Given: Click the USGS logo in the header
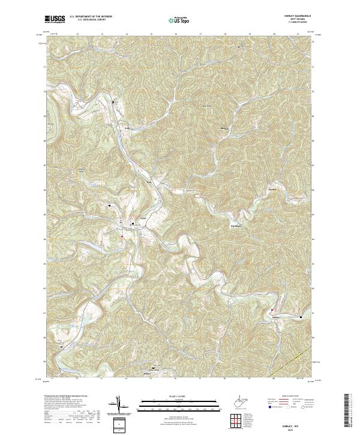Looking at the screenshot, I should point(55,20).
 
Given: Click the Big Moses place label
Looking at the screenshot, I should point(238,226).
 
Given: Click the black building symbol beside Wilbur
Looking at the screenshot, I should point(154,368).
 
